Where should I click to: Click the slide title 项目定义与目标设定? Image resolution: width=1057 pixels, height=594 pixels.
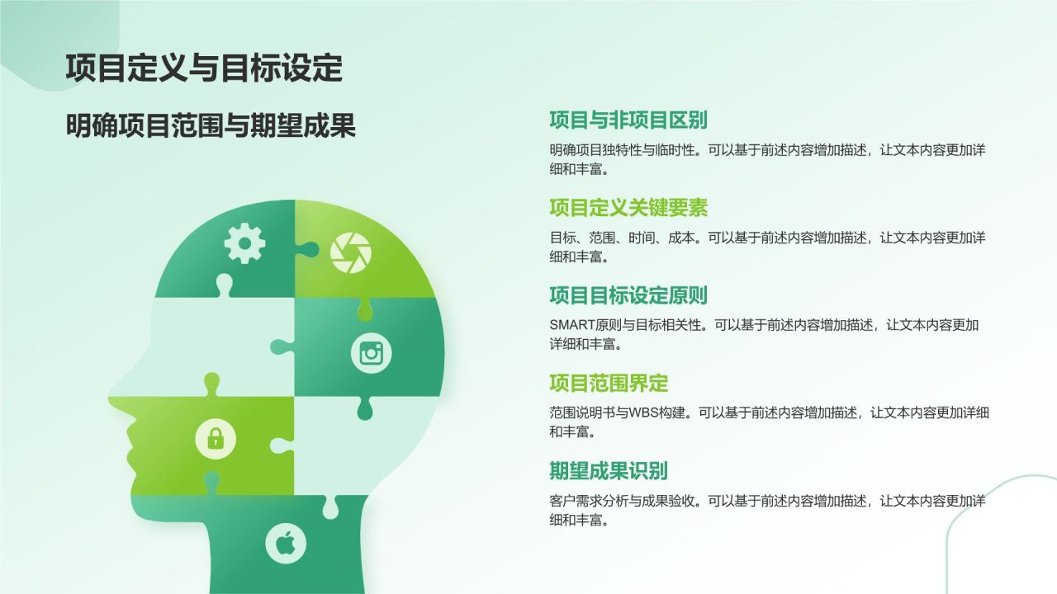point(203,68)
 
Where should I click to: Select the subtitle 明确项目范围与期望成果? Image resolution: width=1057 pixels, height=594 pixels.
point(211,126)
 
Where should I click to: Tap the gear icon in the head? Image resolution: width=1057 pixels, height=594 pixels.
point(245,243)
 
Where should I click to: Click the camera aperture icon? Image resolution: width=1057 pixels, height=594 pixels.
point(351,252)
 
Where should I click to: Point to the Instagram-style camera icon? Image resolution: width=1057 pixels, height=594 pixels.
point(372,354)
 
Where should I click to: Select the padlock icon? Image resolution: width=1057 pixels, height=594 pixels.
point(216,437)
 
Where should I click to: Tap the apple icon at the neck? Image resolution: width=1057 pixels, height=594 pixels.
point(286,544)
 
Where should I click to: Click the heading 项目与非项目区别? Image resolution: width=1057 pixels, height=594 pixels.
point(628,120)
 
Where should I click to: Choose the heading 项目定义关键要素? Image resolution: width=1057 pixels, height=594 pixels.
point(628,207)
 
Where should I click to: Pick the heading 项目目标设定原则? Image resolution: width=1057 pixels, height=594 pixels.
point(628,295)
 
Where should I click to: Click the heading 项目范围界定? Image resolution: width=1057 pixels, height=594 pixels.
point(609,383)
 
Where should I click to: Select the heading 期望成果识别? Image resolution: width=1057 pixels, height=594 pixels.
point(609,471)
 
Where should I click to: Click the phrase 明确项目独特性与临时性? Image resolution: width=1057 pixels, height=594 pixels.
point(624,150)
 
